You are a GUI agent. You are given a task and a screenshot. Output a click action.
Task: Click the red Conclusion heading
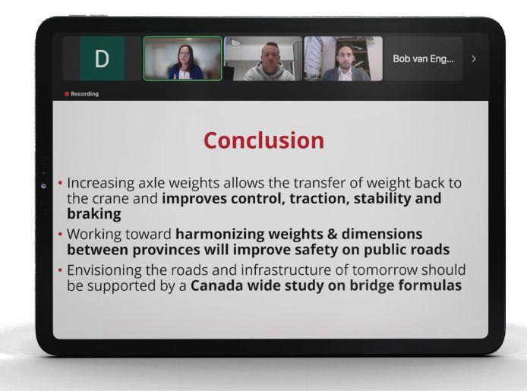(263, 140)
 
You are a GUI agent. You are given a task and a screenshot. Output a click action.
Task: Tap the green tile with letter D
(102, 58)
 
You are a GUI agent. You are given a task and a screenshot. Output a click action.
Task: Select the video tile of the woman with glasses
(182, 58)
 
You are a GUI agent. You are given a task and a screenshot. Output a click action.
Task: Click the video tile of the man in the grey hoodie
(263, 58)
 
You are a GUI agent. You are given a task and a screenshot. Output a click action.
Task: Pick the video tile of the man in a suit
(343, 58)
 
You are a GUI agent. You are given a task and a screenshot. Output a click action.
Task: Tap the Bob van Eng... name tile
(423, 58)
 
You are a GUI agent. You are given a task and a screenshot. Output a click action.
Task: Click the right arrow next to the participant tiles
(474, 58)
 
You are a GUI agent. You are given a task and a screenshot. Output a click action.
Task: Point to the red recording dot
(67, 94)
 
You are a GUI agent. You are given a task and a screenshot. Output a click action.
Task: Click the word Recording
(85, 94)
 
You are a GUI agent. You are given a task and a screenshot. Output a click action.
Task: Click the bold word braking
(94, 213)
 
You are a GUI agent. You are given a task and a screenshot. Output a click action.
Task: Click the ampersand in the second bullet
(332, 234)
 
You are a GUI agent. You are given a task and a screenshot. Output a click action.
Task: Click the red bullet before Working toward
(60, 234)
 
